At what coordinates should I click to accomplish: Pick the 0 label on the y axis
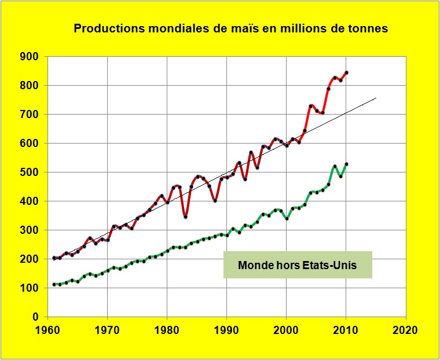[35, 317]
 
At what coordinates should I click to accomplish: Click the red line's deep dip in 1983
[185, 217]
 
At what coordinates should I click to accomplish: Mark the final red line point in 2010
[346, 73]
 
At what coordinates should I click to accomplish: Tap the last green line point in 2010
[346, 164]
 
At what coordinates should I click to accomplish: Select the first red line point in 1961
[54, 258]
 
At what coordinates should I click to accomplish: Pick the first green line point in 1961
[54, 285]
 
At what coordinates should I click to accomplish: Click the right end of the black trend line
[376, 98]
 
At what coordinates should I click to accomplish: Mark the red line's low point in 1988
[215, 201]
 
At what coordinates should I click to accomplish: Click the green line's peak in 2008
[335, 167]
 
